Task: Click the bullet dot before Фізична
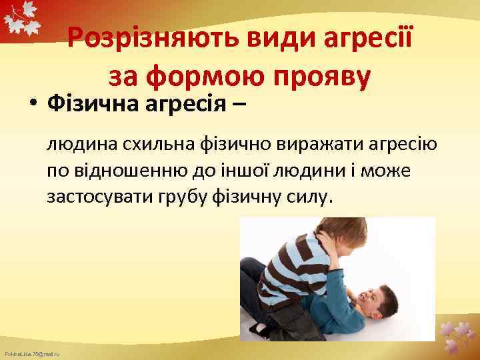tap(32, 105)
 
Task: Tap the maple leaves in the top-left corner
tap(21, 20)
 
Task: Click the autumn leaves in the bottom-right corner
tap(457, 337)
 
